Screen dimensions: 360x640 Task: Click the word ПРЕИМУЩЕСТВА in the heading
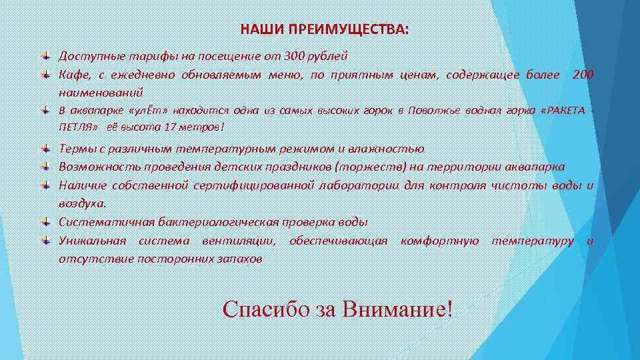point(354,30)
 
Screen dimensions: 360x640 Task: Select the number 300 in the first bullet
point(294,56)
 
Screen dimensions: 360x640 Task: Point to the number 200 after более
point(582,74)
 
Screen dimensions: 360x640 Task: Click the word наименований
point(101,92)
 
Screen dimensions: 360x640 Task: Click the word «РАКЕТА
point(565,110)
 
